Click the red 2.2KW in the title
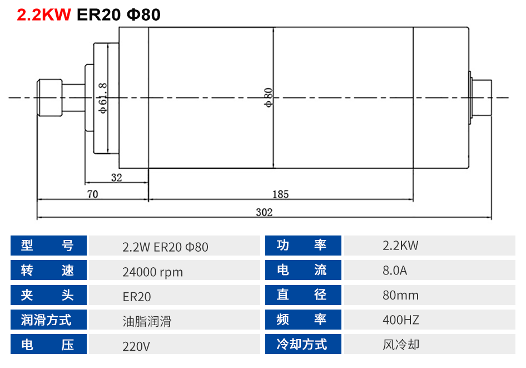coord(44,14)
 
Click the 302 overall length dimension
coord(264,212)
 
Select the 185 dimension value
coord(280,194)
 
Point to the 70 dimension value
coord(92,194)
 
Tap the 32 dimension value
coord(116,178)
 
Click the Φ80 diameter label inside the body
coord(268,97)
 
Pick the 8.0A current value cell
coord(395,271)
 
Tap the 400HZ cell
coord(401,320)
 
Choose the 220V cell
coord(136,345)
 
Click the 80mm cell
coord(401,295)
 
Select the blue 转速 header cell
coord(48,271)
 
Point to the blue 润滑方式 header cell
coord(48,320)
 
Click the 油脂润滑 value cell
coord(147,320)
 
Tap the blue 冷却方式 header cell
coord(303,345)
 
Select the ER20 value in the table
coord(137,296)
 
